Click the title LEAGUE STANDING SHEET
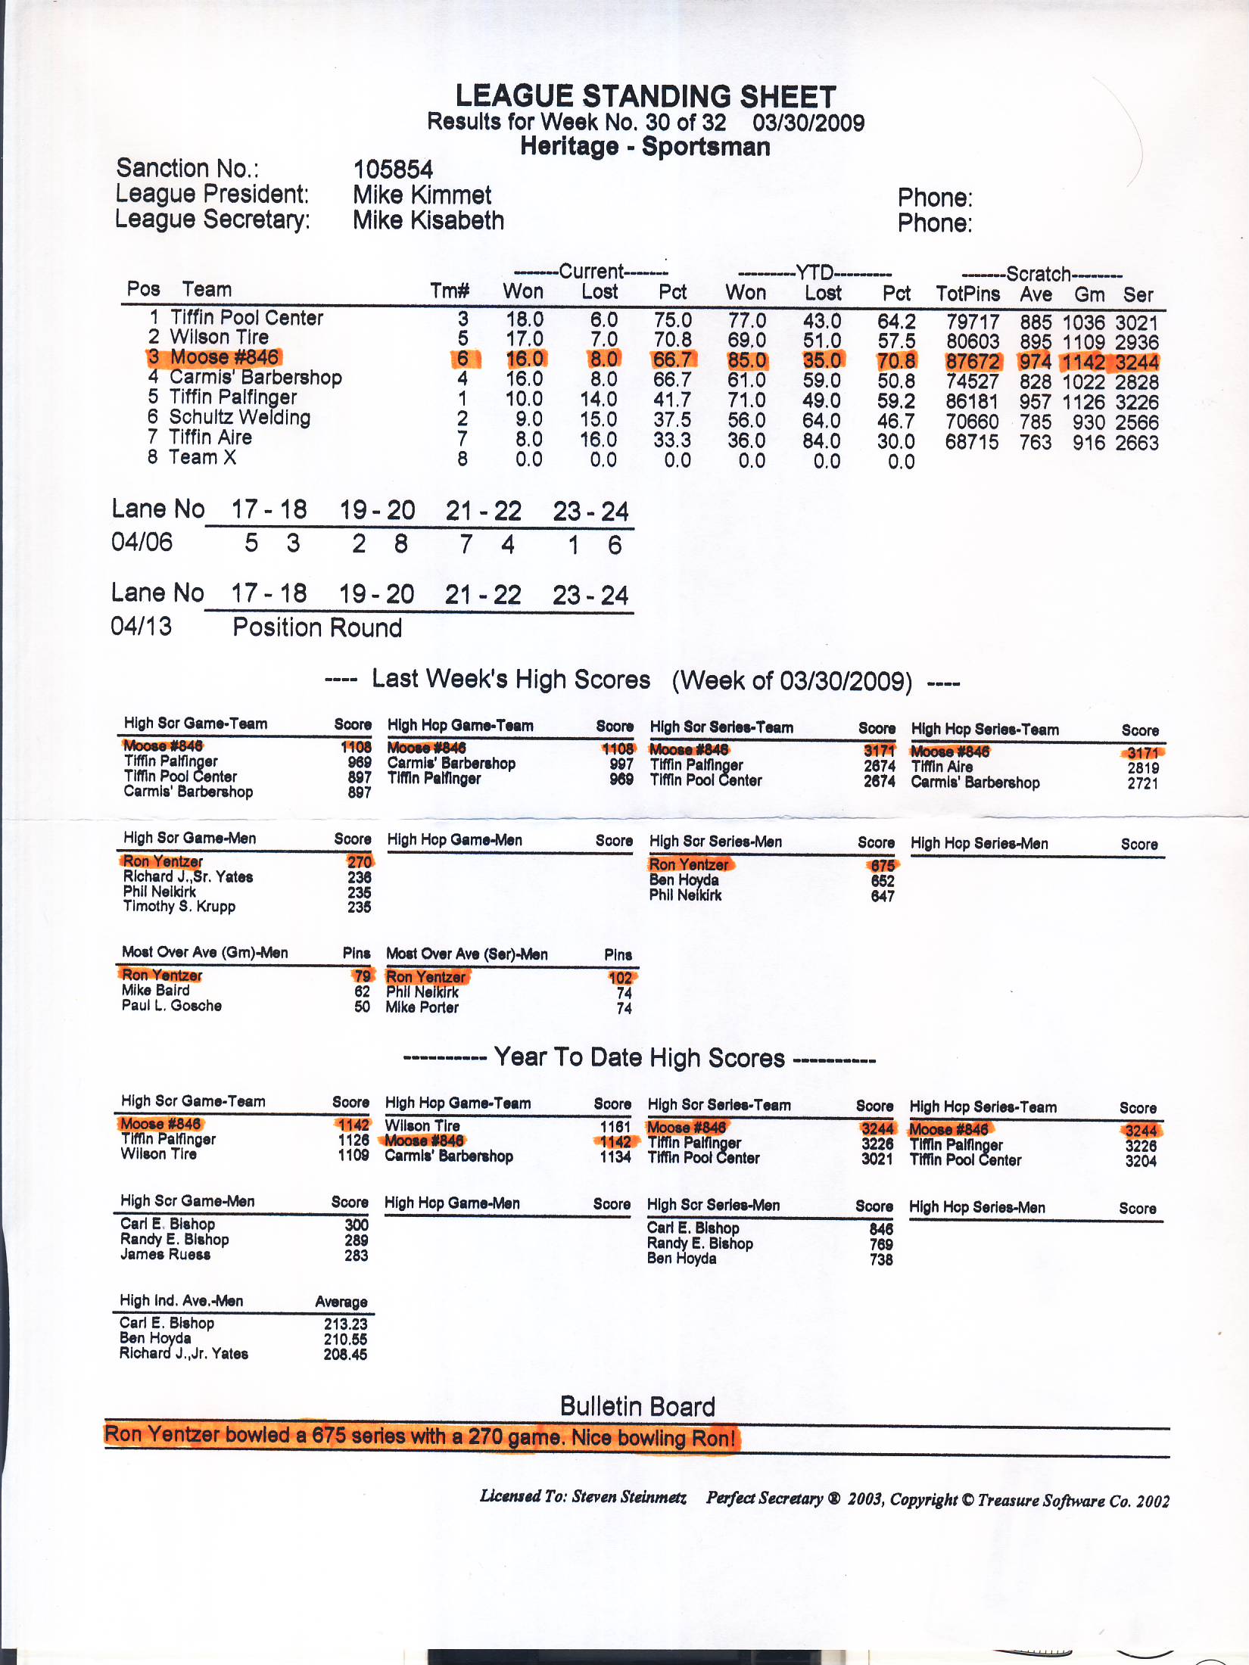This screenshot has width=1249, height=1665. [x=645, y=97]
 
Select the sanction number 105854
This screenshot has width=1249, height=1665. [x=393, y=170]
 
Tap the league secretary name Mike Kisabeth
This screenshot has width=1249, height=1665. [x=428, y=221]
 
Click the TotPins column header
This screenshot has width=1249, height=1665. [x=967, y=294]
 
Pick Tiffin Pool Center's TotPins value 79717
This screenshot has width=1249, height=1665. [x=973, y=322]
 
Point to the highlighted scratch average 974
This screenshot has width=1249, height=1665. [x=1035, y=362]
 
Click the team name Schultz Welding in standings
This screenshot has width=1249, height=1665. [x=239, y=417]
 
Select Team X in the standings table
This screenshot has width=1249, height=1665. [x=202, y=457]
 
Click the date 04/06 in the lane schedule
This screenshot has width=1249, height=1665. [x=142, y=543]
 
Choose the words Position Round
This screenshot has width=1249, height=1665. [x=317, y=628]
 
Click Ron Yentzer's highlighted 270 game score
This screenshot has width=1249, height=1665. [x=360, y=862]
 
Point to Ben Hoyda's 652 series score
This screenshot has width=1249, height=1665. [x=883, y=881]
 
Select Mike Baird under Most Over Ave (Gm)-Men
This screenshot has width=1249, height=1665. [x=156, y=990]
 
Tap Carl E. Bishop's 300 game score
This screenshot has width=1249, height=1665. [x=357, y=1225]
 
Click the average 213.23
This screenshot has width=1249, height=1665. [x=345, y=1324]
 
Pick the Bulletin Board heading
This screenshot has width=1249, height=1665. [x=637, y=1406]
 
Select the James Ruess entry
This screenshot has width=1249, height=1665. [x=165, y=1254]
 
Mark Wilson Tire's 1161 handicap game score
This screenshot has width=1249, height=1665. [x=615, y=1126]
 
